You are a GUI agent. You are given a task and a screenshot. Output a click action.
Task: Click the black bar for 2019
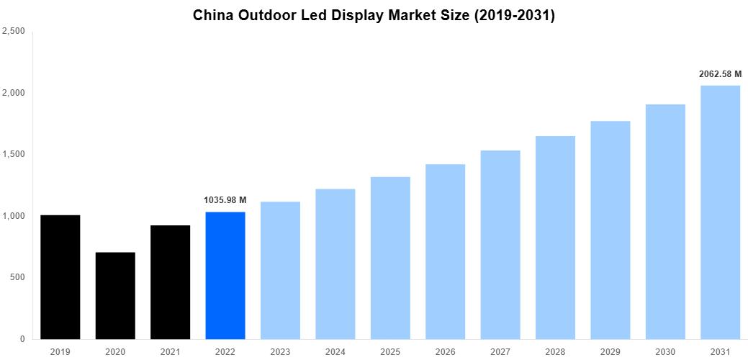60,277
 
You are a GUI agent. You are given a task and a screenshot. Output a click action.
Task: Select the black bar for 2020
115,296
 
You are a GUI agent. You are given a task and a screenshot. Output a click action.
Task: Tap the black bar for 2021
170,282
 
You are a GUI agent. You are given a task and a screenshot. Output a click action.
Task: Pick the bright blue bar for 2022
225,275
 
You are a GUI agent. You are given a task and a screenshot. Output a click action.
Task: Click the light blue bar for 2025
390,258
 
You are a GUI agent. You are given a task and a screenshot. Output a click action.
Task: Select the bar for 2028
555,238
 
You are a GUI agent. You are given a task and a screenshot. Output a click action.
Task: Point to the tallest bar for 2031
720,212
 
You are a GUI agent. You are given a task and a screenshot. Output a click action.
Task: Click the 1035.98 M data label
225,200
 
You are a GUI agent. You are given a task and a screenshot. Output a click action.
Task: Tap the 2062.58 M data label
720,74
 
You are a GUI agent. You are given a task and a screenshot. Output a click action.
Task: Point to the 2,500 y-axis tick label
14,32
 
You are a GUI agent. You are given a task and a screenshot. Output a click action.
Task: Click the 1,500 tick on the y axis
14,155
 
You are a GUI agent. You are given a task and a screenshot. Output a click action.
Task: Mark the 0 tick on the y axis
22,339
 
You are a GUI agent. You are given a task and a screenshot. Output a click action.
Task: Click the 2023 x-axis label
280,351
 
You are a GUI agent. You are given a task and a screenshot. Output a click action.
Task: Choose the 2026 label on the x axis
445,351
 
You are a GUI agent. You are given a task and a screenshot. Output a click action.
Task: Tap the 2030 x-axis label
664,351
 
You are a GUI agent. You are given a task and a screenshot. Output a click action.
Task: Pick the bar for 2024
335,264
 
